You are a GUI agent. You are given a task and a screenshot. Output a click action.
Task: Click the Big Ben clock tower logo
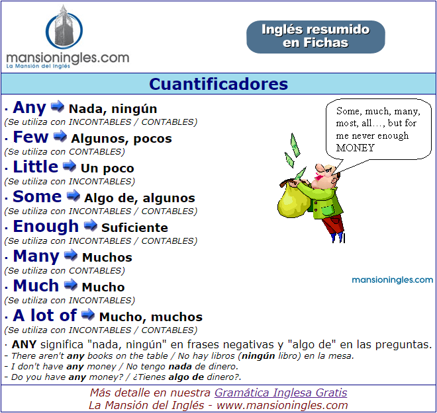(64, 27)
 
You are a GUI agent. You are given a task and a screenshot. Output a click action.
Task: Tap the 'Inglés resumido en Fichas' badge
(315, 37)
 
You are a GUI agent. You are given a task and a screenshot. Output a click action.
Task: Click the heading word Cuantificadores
(218, 84)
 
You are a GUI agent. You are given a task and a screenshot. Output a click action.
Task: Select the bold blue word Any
(29, 108)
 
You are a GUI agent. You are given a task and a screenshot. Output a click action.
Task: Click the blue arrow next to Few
(60, 136)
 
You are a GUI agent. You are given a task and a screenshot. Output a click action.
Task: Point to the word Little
(36, 167)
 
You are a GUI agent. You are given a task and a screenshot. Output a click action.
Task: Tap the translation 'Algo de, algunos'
(140, 198)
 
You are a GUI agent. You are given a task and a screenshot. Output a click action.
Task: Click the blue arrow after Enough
(90, 225)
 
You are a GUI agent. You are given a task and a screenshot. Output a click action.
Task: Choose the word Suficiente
(134, 228)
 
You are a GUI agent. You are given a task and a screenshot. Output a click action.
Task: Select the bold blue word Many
(36, 256)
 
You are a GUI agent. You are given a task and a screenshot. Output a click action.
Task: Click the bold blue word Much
(36, 285)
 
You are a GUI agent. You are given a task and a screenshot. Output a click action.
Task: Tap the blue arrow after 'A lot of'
(88, 315)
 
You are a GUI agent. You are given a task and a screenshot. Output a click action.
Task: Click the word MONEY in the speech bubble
(355, 148)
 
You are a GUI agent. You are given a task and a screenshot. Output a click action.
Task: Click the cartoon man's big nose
(319, 169)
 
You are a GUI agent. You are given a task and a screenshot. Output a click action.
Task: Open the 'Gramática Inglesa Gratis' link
(281, 393)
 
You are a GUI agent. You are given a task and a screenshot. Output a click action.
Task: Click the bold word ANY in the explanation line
(24, 344)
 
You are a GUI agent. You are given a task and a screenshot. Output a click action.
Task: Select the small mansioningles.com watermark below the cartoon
(393, 280)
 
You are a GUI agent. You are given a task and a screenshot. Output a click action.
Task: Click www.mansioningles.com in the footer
(282, 406)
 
